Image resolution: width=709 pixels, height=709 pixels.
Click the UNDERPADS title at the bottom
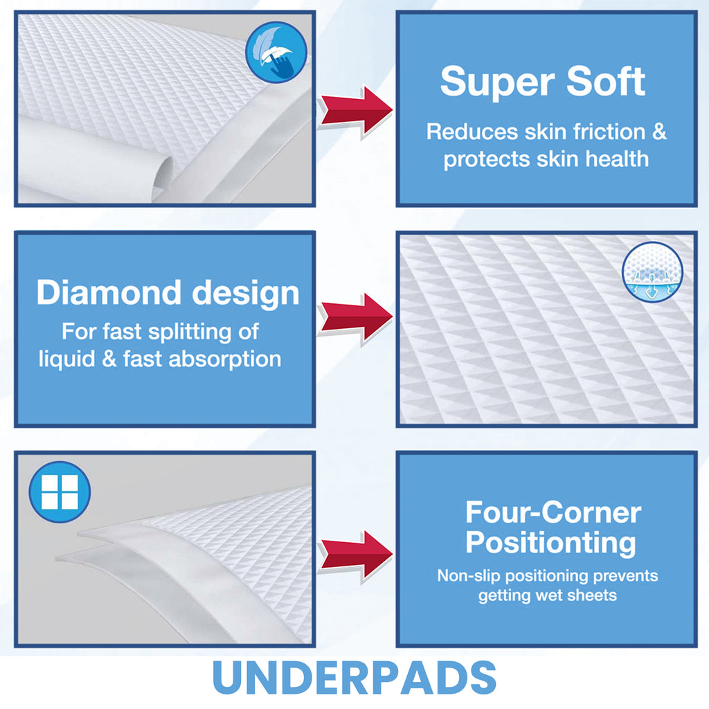354,678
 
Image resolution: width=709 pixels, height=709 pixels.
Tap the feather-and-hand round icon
276,52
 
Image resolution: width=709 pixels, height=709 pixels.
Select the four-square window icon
60,492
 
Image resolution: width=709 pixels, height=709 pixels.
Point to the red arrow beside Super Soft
354,111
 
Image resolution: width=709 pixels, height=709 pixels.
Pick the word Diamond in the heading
109,293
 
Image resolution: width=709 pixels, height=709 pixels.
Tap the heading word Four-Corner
553,513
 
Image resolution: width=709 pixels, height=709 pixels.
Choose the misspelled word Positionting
550,543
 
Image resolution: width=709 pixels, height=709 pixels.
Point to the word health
617,159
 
